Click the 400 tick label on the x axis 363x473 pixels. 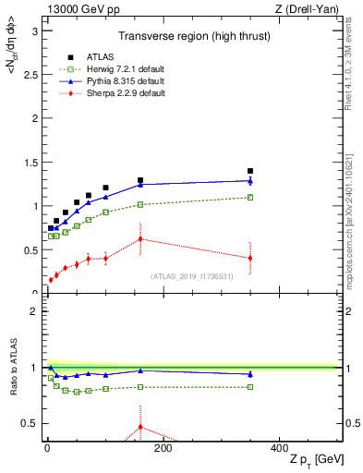(x=279, y=448)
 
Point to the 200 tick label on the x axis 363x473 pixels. (x=163, y=448)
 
